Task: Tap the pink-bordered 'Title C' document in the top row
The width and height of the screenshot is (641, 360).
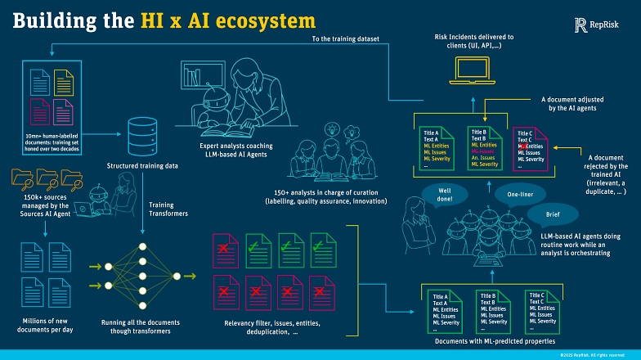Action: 532,148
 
